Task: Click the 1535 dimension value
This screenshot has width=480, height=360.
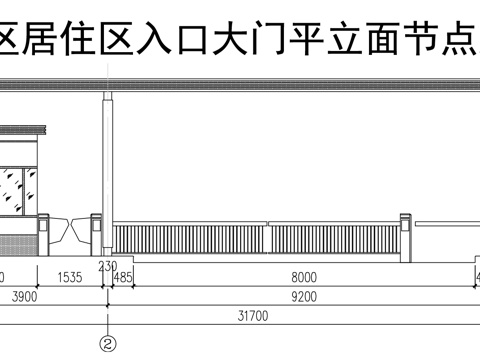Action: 70,277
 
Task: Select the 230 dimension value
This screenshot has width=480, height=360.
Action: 108,266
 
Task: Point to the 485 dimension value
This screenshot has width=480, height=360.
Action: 124,277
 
